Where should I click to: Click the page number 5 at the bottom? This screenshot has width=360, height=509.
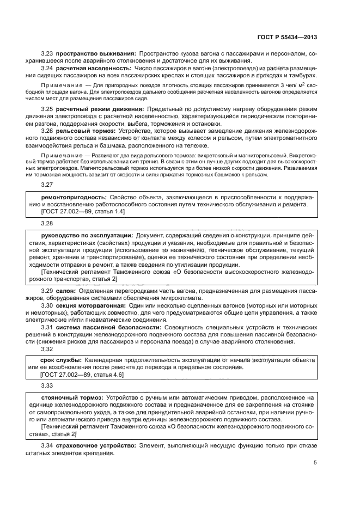tap(315, 463)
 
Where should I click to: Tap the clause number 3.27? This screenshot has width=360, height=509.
tap(47, 185)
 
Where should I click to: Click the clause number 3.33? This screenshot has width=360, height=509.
tap(47, 385)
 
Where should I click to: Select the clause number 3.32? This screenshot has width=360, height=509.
tap(47, 349)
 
